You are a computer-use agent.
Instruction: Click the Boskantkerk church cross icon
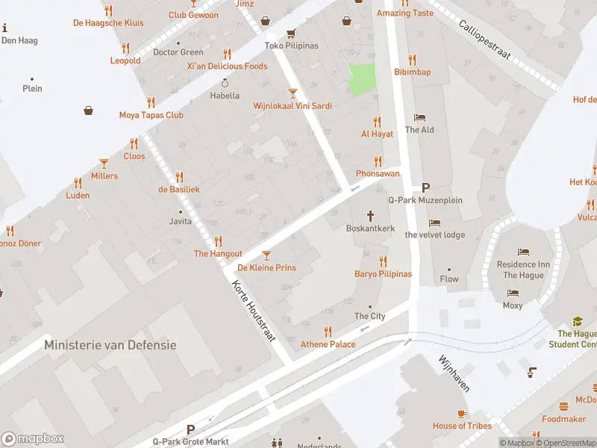pos(370,215)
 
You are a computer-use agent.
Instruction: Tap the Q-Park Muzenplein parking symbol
pos(426,187)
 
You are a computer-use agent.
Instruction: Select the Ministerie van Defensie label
pos(110,345)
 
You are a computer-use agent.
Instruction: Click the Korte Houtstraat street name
pos(254,313)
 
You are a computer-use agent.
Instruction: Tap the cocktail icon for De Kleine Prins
pos(266,255)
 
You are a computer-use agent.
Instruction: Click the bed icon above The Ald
pos(419,117)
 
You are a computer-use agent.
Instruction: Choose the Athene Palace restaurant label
pos(328,344)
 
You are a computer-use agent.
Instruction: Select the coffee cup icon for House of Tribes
pos(462,414)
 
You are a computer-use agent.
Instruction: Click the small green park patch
pos(362,79)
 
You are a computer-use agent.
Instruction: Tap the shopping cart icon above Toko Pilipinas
pos(291,33)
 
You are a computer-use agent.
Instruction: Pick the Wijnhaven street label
pos(454,373)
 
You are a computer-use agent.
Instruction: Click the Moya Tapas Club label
pos(151,115)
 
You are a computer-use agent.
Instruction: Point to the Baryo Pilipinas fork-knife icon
pos(383,261)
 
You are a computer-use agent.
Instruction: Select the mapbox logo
pos(33,438)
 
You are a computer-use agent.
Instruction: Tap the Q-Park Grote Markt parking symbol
pos(190,429)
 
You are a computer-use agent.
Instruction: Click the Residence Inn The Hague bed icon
pos(524,252)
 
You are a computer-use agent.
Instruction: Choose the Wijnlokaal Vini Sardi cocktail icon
pos(293,93)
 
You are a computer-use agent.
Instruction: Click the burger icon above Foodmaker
pos(563,407)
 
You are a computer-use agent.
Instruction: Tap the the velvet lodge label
pos(435,234)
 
